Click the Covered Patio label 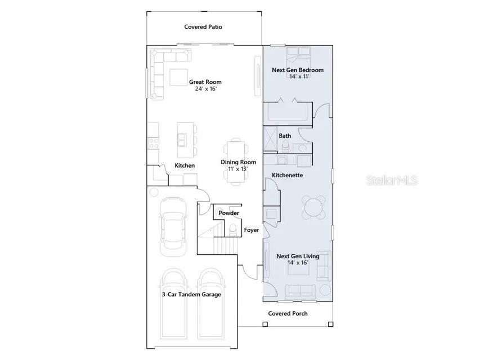point(203,27)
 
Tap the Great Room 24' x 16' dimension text point(206,89)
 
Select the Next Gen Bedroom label point(298,70)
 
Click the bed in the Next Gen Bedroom point(298,55)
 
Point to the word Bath point(285,136)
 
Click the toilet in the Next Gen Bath point(285,146)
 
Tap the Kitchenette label point(287,175)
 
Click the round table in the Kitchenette point(313,207)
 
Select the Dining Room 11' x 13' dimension point(238,169)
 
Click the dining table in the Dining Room point(236,161)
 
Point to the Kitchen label point(185,165)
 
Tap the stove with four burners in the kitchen point(154,143)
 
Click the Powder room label point(228,213)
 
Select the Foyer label point(252,230)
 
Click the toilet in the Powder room point(233,229)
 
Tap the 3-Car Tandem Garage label point(191,295)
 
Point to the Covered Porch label point(288,313)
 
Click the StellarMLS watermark point(392,181)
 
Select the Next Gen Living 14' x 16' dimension point(298,263)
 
